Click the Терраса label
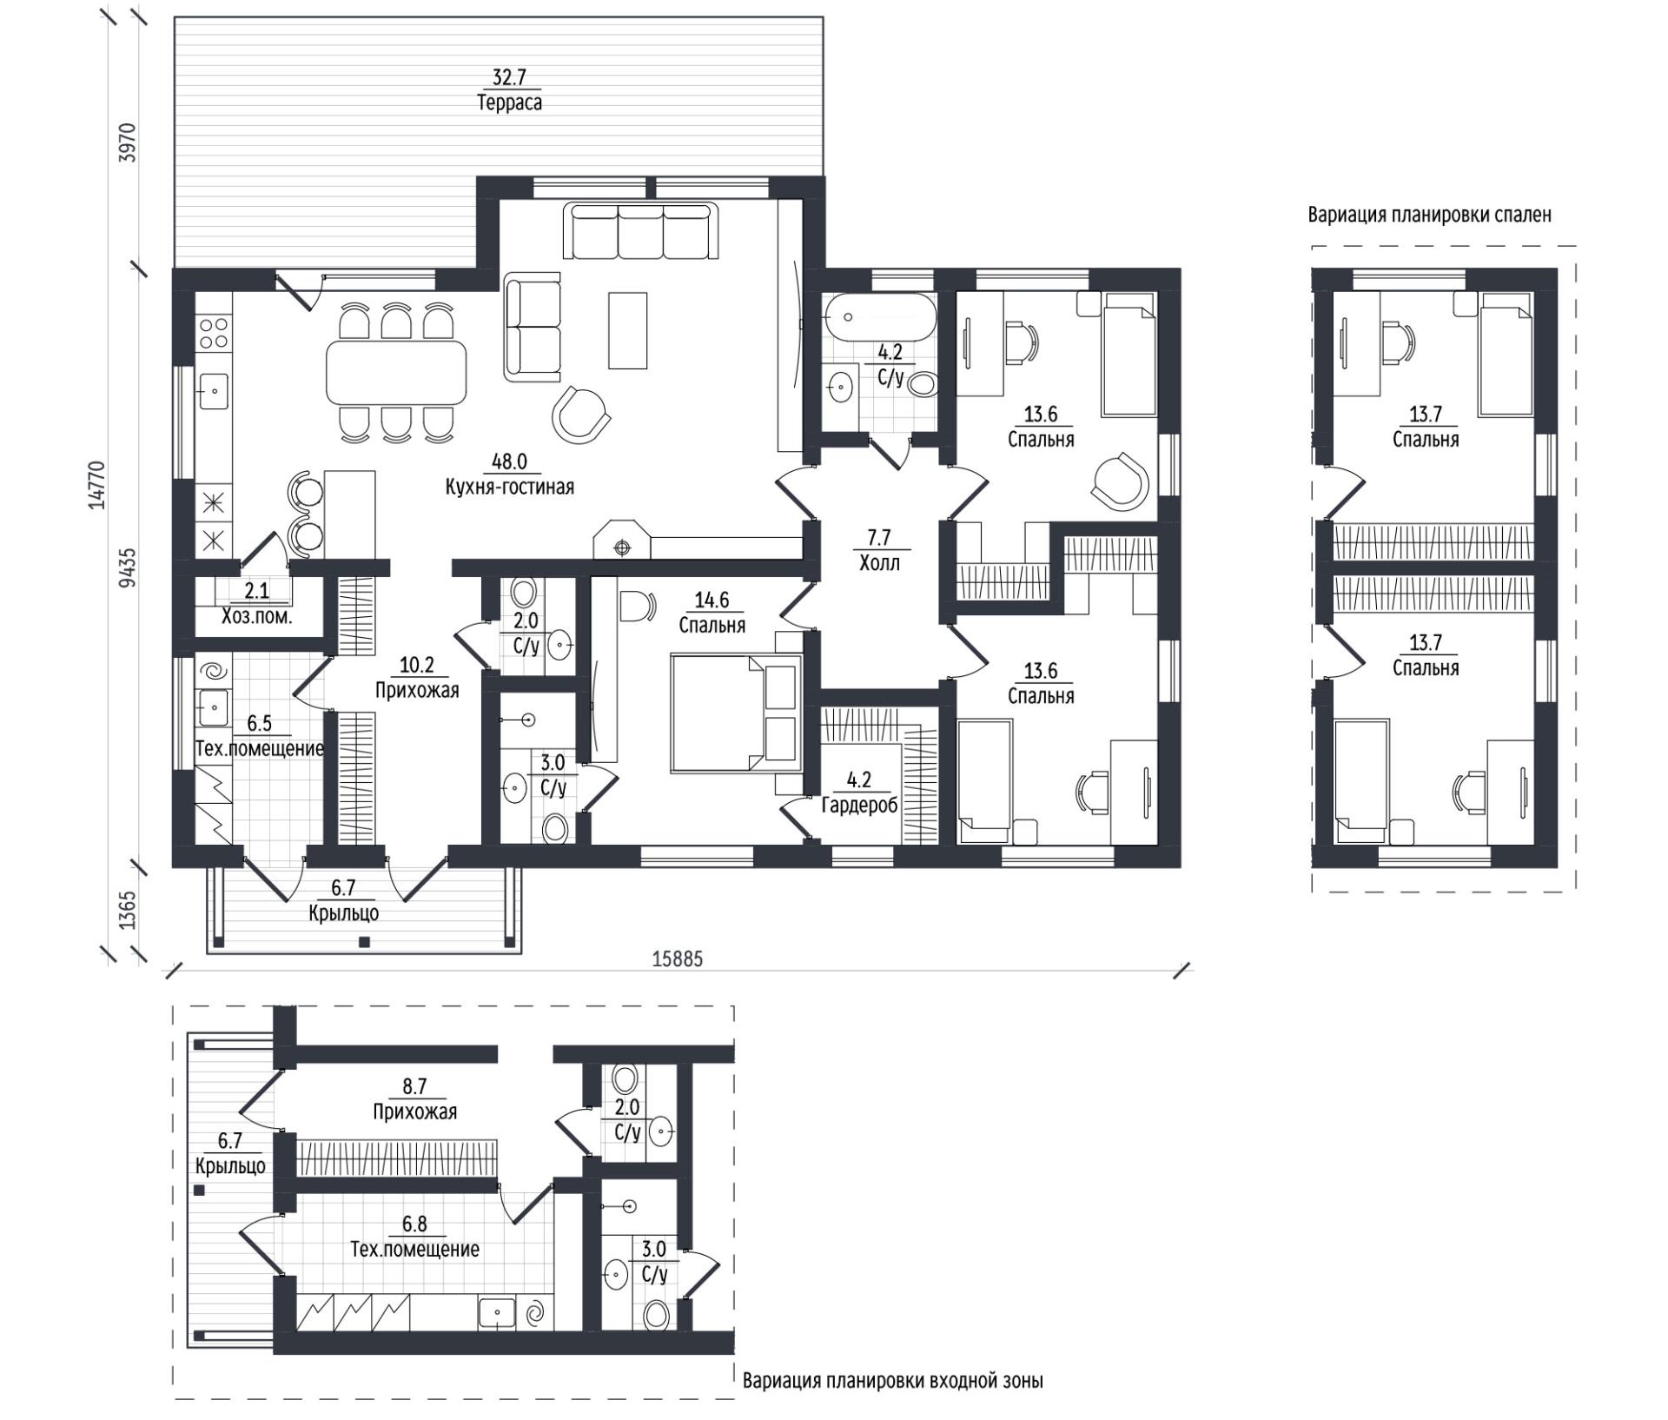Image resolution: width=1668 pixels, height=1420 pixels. tap(509, 103)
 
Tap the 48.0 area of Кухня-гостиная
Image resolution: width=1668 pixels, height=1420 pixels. tap(509, 461)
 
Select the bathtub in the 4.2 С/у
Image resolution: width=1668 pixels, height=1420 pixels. tap(879, 318)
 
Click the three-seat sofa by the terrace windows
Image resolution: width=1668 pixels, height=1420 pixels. tap(641, 230)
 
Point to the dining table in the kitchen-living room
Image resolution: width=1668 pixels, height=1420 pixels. tap(396, 372)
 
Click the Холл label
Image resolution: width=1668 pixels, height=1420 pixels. tap(879, 563)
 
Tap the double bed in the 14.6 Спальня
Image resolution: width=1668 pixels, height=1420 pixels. tap(735, 713)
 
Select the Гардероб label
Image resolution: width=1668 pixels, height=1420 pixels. tap(859, 806)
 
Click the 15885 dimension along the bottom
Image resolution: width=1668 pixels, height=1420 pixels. tap(677, 959)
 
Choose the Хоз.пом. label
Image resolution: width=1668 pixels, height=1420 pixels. tap(256, 617)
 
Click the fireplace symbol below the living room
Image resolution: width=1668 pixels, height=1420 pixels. tap(621, 540)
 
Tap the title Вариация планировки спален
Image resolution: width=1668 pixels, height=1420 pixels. tap(1429, 215)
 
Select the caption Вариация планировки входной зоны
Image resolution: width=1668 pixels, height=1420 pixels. tap(893, 1381)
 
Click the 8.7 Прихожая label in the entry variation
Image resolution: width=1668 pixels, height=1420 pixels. tap(414, 1099)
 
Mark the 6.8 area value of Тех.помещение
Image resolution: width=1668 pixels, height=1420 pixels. tap(414, 1224)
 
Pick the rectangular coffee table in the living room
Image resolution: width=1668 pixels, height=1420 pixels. tap(627, 331)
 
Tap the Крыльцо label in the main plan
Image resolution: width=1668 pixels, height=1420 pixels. tap(343, 913)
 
